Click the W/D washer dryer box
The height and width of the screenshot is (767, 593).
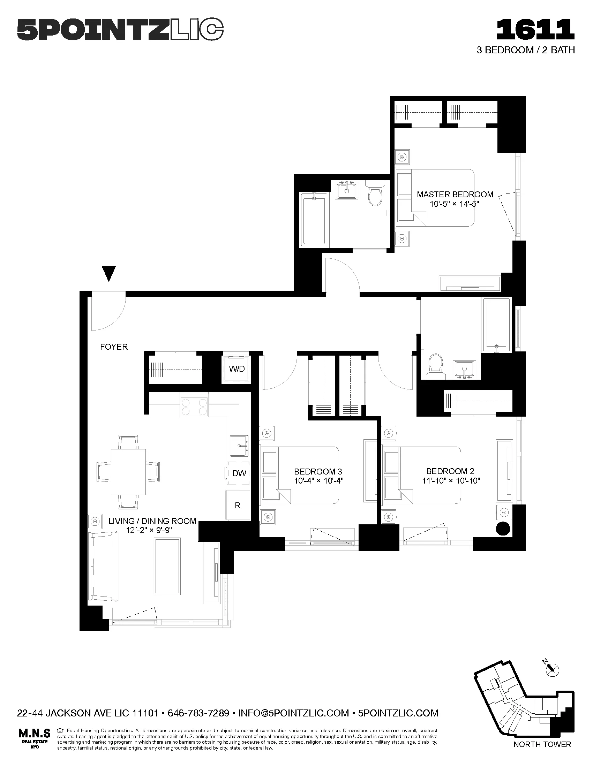point(237,369)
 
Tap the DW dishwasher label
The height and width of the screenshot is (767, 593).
point(239,473)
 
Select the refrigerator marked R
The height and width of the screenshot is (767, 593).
point(238,506)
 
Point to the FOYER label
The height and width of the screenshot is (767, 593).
point(114,347)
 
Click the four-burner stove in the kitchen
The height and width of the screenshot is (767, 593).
point(194,407)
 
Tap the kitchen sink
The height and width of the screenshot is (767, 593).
point(239,446)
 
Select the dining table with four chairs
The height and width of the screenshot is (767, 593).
point(128,472)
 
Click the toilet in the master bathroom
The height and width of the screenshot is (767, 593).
point(375,194)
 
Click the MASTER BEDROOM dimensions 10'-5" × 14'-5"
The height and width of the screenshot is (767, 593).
point(455,204)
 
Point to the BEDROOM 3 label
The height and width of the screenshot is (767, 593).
point(318,472)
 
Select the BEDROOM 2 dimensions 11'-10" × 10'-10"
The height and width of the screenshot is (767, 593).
point(451,481)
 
